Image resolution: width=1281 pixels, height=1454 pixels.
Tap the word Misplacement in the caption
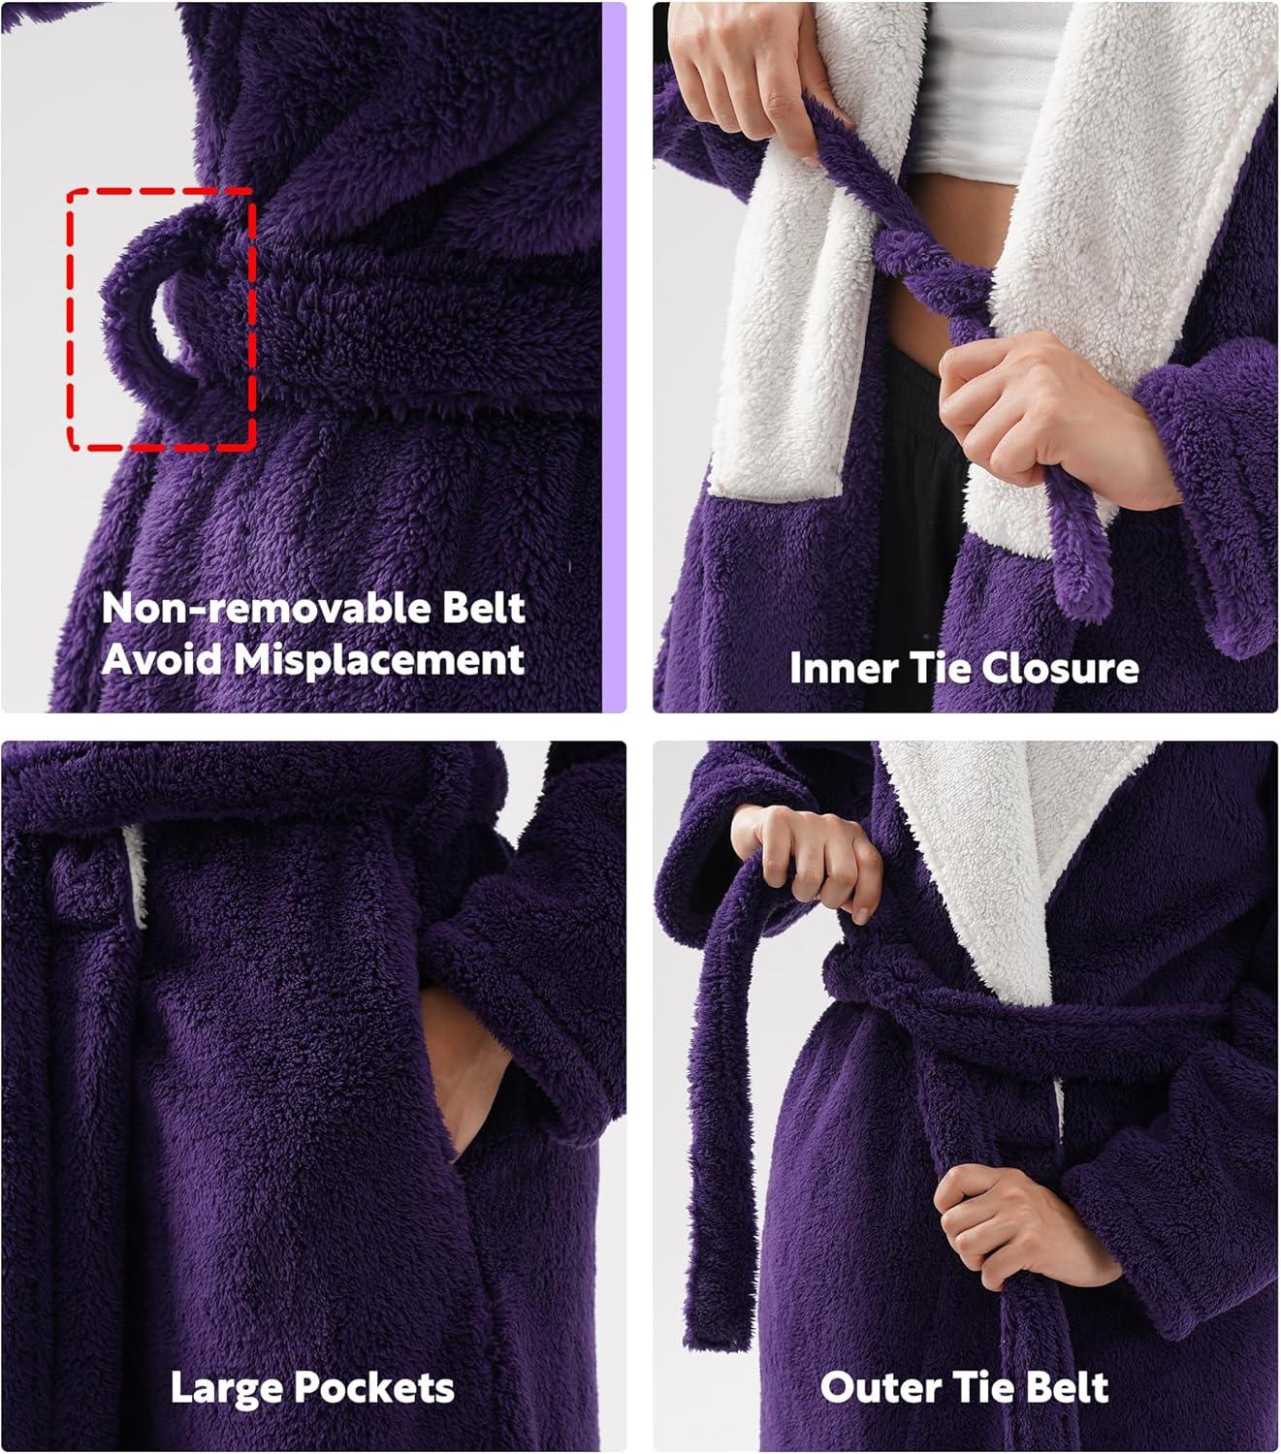click(x=379, y=660)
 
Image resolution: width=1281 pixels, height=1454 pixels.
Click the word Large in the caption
click(x=222, y=1388)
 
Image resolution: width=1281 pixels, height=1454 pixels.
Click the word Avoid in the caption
click(x=161, y=660)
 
